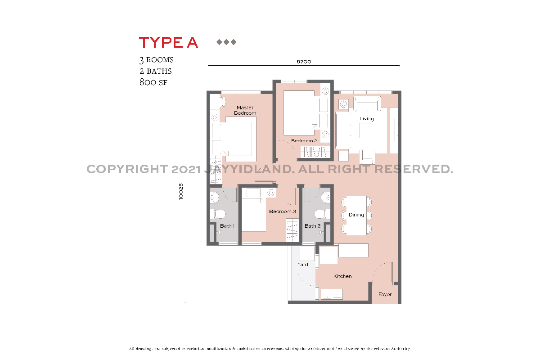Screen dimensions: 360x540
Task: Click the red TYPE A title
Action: click(x=168, y=42)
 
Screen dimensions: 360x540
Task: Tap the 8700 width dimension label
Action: click(x=304, y=62)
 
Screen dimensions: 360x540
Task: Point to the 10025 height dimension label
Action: click(x=181, y=191)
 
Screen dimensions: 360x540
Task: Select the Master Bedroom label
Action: click(x=245, y=110)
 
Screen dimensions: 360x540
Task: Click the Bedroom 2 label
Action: click(x=304, y=141)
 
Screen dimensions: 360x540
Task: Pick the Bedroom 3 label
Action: click(x=282, y=211)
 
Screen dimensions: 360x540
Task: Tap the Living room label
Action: click(x=367, y=119)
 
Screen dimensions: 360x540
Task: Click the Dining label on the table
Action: click(x=356, y=215)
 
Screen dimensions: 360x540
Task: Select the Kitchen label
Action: click(x=342, y=276)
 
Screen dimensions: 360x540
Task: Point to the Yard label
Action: click(x=303, y=265)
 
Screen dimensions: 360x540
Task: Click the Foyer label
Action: click(x=385, y=295)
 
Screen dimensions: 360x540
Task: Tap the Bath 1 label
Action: click(x=227, y=226)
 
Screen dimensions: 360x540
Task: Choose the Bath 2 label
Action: click(x=312, y=226)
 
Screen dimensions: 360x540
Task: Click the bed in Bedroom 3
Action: click(x=254, y=211)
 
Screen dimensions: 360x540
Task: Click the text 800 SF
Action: click(x=153, y=82)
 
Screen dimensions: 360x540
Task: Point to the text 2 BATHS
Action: click(x=156, y=71)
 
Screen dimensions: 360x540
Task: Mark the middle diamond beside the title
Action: click(x=226, y=42)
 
